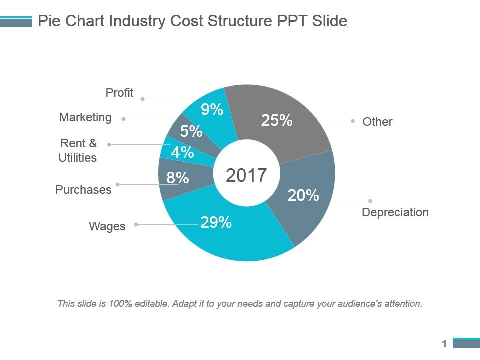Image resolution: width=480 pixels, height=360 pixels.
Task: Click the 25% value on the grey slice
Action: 277,120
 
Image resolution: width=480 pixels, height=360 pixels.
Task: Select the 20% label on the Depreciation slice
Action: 303,196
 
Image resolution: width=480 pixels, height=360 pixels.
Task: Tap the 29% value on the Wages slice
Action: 216,222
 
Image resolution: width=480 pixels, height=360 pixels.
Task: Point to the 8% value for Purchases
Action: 178,177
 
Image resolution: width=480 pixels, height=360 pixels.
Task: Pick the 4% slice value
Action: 182,152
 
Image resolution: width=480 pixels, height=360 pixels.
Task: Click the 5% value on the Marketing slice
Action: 191,132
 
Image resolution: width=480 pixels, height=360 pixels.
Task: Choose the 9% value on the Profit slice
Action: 212,109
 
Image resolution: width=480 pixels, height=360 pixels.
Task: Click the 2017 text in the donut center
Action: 246,175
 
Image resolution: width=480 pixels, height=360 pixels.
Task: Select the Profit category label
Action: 120,93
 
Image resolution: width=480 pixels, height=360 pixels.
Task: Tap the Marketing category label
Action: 85,117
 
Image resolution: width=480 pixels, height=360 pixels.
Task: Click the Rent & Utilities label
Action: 78,150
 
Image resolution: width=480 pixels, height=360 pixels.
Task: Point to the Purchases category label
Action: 83,190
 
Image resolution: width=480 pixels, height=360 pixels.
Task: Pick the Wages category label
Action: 107,226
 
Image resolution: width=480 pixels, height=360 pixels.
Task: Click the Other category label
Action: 377,122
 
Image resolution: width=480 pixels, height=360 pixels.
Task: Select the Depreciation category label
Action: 395,212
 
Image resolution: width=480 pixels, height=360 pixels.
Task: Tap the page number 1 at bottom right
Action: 444,344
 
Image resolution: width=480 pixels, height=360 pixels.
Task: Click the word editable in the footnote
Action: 151,303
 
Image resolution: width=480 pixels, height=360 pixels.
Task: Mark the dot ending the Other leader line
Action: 353,121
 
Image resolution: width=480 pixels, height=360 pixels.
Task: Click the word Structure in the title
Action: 240,21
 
